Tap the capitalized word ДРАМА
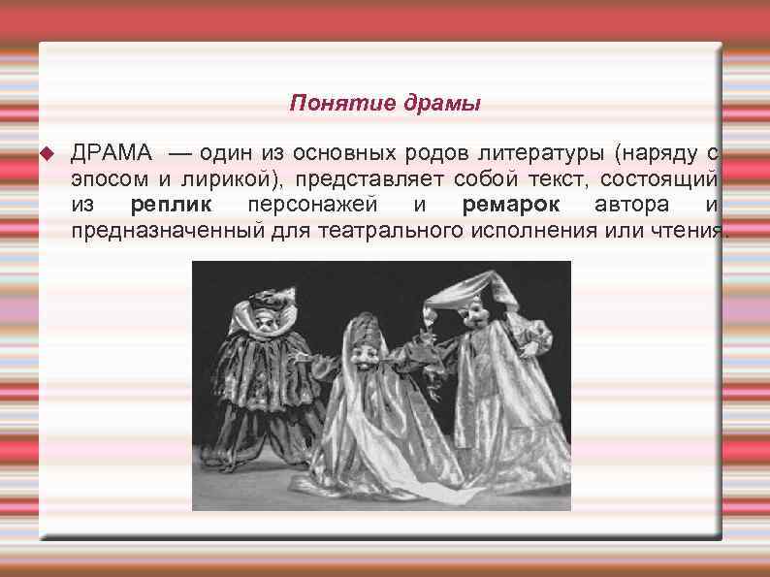(x=111, y=153)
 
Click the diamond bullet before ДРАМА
(x=46, y=154)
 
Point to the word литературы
(x=537, y=153)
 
